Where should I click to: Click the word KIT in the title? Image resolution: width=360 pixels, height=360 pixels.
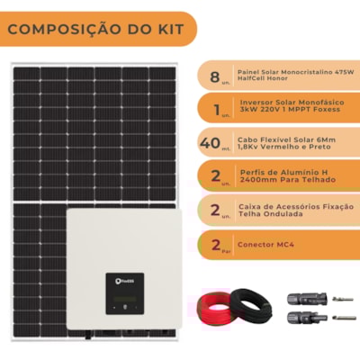(x=170, y=29)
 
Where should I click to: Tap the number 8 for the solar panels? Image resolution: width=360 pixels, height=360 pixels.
(x=215, y=76)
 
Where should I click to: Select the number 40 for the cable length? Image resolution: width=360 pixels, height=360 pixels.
(x=210, y=143)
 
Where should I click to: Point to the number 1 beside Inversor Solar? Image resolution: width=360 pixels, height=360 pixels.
(x=217, y=110)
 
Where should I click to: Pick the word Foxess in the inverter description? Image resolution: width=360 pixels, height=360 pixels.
(x=327, y=109)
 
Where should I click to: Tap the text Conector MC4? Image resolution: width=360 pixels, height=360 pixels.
(x=265, y=245)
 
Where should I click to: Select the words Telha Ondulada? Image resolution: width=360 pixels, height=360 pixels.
(x=271, y=214)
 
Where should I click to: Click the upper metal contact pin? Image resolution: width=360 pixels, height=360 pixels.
(x=343, y=299)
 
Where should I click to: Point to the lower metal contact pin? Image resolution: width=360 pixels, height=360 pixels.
(x=345, y=318)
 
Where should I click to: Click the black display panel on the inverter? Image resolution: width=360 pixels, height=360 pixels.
(x=125, y=293)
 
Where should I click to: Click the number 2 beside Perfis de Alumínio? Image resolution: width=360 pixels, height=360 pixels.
(x=216, y=175)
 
